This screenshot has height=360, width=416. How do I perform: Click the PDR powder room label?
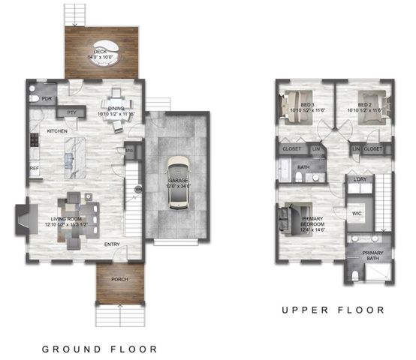point(46,99)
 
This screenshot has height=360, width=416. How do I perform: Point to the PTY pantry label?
point(72,112)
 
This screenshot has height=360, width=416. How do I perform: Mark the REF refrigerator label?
point(35,169)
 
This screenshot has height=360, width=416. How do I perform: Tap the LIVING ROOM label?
point(41,220)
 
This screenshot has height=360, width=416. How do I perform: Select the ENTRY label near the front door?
point(112,244)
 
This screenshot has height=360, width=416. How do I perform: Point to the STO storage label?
point(128,149)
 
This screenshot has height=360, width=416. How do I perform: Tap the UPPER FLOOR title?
point(333,310)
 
